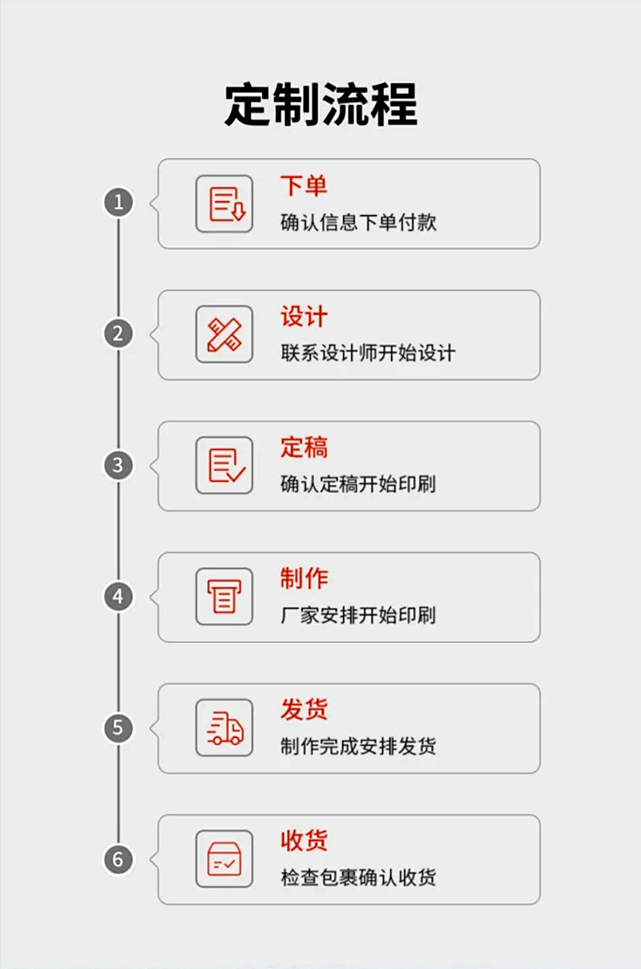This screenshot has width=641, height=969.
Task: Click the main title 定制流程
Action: coord(320,105)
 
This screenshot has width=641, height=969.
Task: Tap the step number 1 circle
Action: coord(119,202)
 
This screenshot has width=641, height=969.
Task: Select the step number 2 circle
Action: coord(119,334)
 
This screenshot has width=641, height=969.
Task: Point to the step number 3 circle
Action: coord(119,465)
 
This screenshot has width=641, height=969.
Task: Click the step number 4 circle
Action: coord(119,597)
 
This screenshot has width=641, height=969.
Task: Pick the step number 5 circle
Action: coord(119,728)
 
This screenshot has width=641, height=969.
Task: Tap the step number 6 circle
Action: coord(119,860)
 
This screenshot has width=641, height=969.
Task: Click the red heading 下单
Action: coord(304,186)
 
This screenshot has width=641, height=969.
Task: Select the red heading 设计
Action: coord(304,317)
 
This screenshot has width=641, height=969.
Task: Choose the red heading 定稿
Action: coord(304,448)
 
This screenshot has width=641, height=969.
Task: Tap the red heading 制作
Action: coord(304,578)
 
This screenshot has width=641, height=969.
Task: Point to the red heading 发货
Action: coord(304,710)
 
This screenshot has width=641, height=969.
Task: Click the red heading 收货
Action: coord(304,841)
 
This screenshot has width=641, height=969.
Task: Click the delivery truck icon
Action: coord(224,728)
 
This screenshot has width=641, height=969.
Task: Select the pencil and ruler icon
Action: coord(224,334)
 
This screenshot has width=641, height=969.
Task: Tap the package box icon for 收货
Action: coord(224,859)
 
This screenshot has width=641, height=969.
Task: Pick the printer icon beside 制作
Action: coord(224,597)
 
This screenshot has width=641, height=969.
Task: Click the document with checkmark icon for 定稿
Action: coord(224,465)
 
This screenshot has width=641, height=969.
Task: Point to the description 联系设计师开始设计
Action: coord(368,353)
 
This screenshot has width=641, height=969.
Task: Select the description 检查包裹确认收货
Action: coord(358,878)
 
